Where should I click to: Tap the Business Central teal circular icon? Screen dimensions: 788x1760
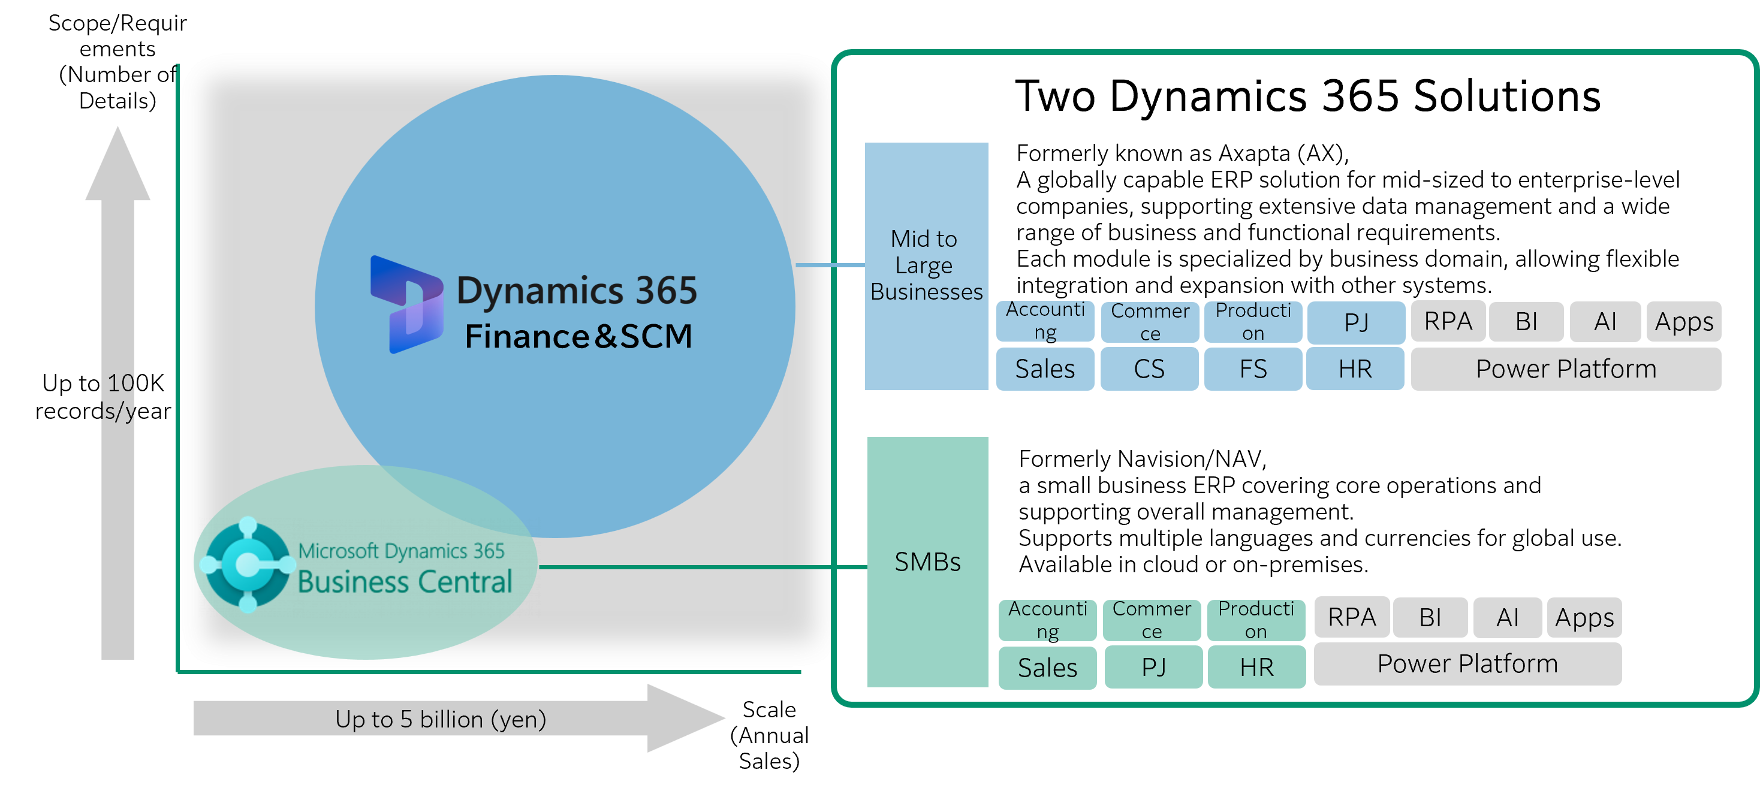point(248,564)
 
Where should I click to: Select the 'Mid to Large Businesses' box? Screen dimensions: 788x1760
point(927,265)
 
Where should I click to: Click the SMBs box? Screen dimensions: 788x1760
point(927,561)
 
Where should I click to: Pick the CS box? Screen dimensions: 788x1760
point(1149,369)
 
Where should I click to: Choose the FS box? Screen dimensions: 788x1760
point(1253,369)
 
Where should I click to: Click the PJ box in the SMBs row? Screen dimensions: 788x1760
point(1153,666)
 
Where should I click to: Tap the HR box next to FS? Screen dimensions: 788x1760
point(1355,369)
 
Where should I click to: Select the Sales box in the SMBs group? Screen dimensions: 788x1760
point(1047,667)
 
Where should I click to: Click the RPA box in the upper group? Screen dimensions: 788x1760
point(1448,321)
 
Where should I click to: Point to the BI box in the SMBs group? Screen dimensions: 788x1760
point(1430,617)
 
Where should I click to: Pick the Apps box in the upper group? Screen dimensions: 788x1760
point(1683,321)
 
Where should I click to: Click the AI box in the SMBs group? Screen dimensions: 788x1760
point(1507,617)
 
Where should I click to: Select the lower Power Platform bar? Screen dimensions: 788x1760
point(1467,664)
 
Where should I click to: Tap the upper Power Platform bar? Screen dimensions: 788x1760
point(1566,369)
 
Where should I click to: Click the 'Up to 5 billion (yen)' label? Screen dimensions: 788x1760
point(441,719)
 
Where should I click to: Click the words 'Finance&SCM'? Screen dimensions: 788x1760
point(578,337)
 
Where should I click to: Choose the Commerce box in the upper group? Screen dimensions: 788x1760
point(1150,322)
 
